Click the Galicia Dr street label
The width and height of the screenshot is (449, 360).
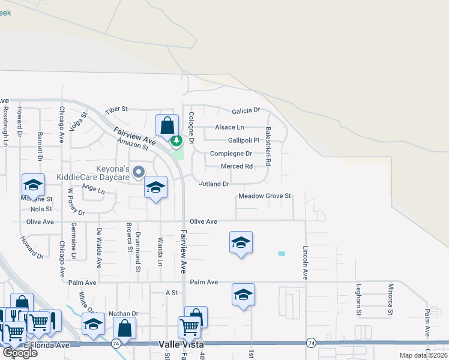pyautogui.click(x=246, y=110)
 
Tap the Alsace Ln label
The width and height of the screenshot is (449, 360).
pyautogui.click(x=229, y=128)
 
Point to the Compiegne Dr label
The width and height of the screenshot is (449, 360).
pyautogui.click(x=231, y=154)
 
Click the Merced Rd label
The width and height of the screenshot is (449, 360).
pyautogui.click(x=237, y=167)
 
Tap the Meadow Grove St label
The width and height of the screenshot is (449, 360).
pyautogui.click(x=265, y=196)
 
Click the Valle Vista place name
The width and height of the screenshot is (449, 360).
pyautogui.click(x=182, y=344)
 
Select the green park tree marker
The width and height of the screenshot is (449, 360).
pyautogui.click(x=176, y=141)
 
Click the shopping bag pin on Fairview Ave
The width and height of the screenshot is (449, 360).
pyautogui.click(x=167, y=127)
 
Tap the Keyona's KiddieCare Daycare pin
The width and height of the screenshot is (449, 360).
pyautogui.click(x=139, y=173)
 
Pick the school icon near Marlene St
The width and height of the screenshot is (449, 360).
pyautogui.click(x=34, y=185)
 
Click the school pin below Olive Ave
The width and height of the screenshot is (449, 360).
pyautogui.click(x=241, y=242)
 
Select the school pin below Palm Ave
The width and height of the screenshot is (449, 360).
pyautogui.click(x=243, y=295)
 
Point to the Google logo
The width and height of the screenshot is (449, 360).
pyautogui.click(x=20, y=353)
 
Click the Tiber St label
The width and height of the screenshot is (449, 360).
pyautogui.click(x=116, y=110)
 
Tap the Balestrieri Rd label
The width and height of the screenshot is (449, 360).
pyautogui.click(x=268, y=146)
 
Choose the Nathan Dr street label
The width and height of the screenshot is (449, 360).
pyautogui.click(x=123, y=314)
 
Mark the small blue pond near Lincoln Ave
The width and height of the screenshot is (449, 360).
pyautogui.click(x=282, y=254)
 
